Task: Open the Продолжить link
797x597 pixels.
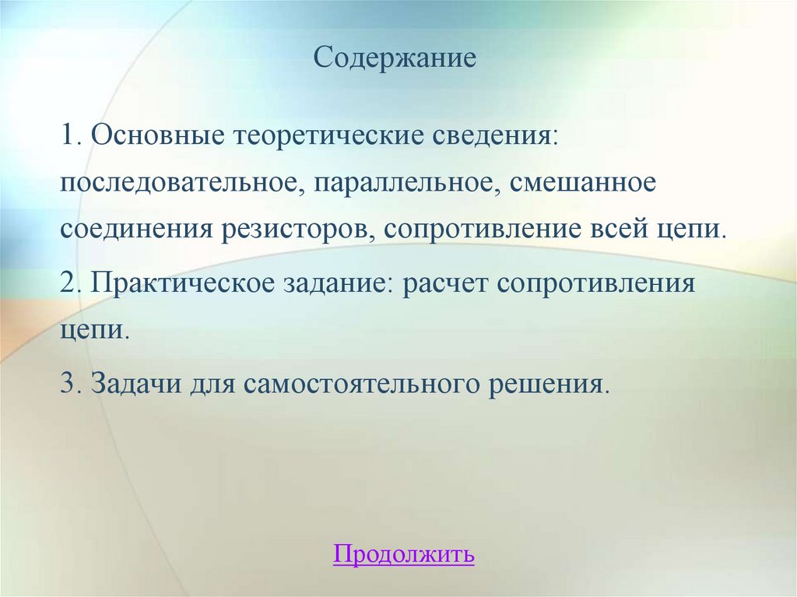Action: point(403,554)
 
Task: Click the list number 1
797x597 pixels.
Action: point(69,137)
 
